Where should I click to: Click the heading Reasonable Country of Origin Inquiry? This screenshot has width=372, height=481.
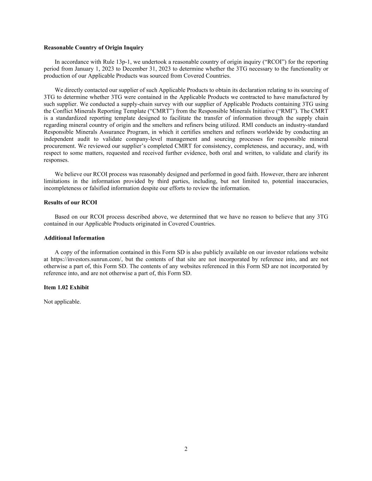pyautogui.click(x=93, y=48)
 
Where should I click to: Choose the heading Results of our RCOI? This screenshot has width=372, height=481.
pyautogui.click(x=70, y=203)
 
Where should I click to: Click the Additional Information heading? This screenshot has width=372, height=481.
pyautogui.click(x=74, y=238)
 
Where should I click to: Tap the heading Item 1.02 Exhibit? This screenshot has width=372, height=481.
pyautogui.click(x=66, y=288)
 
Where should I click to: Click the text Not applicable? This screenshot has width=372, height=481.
pyautogui.click(x=62, y=302)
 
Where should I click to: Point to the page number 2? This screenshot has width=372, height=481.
pyautogui.click(x=186, y=449)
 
